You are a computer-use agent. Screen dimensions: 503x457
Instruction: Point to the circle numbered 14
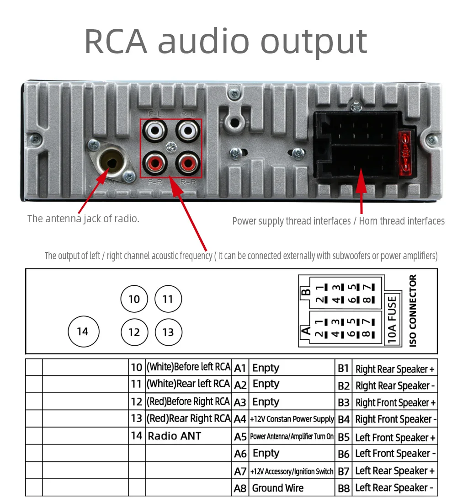(x=83, y=332)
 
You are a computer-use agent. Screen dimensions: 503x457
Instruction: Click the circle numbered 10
(x=134, y=300)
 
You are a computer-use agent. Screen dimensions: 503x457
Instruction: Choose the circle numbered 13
(x=168, y=332)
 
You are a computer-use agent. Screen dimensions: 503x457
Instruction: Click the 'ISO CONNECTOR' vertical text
(x=413, y=311)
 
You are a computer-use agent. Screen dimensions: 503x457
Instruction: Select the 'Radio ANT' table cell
(x=174, y=436)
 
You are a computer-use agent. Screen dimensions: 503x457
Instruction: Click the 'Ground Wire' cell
(x=278, y=488)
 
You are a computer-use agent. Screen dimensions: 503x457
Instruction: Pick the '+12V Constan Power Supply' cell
(x=292, y=419)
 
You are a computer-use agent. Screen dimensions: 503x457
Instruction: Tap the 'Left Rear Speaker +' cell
(x=394, y=471)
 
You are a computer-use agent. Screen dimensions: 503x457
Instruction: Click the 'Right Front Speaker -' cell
(x=396, y=419)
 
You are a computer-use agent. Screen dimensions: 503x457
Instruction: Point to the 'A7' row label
(x=240, y=471)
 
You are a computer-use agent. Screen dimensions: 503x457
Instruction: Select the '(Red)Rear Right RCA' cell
(x=188, y=419)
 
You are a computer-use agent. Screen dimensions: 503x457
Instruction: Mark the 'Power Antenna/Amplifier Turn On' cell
(x=292, y=437)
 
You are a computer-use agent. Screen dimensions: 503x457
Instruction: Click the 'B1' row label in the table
(x=344, y=369)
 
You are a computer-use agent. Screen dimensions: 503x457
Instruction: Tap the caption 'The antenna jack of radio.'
(x=83, y=219)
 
